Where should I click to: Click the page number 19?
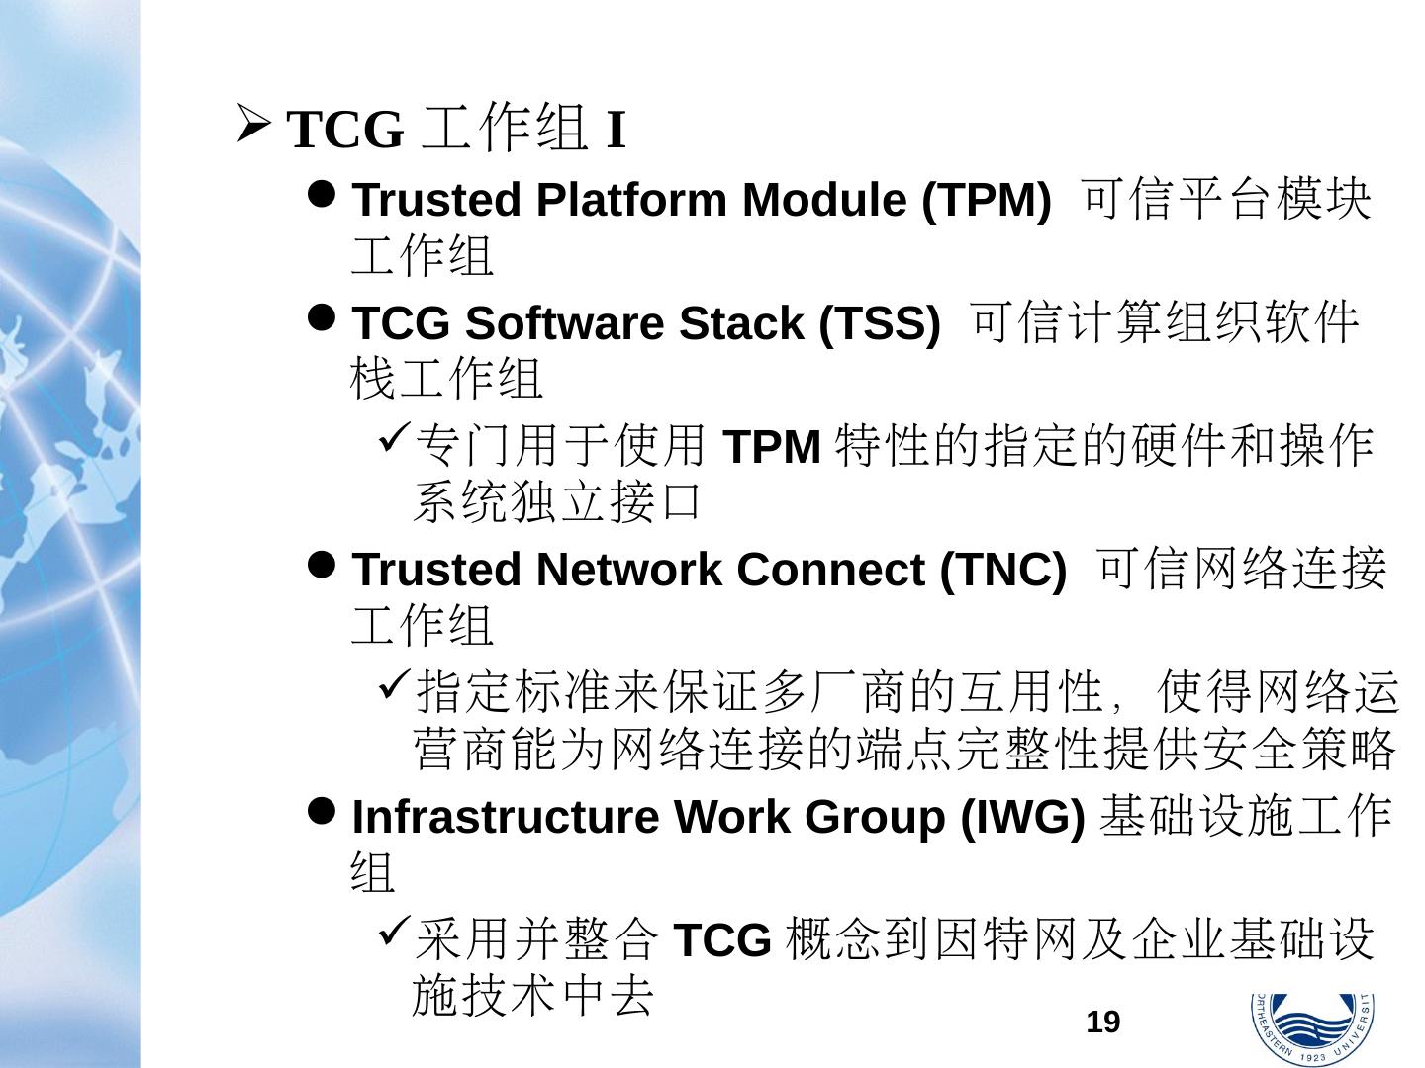[x=1103, y=1022]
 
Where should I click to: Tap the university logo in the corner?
[x=1311, y=1028]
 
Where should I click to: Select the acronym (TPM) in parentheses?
[x=986, y=200]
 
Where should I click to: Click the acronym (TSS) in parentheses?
[x=879, y=323]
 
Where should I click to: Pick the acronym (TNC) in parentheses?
[x=1001, y=570]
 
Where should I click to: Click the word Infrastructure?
[x=505, y=817]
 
